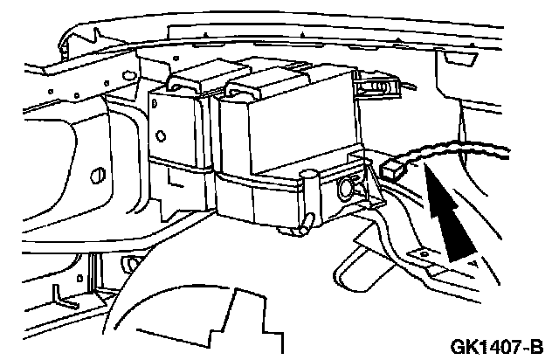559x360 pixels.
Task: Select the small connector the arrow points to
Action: pyautogui.click(x=394, y=168)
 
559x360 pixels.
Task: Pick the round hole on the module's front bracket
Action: pyautogui.click(x=345, y=187)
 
